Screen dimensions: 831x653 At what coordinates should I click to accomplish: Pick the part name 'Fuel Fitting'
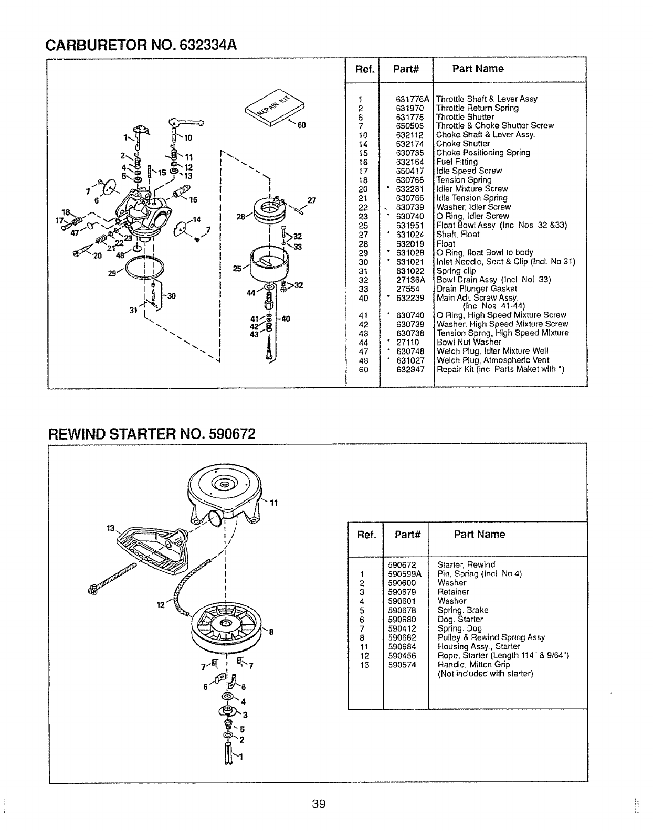coord(457,162)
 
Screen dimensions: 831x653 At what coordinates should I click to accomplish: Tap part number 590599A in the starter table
coord(405,574)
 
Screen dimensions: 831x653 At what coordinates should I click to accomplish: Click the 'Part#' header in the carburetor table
coord(405,69)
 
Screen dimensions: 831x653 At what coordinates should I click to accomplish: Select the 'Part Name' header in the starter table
coord(479,535)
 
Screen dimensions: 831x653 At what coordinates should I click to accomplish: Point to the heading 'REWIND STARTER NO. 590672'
coord(152,435)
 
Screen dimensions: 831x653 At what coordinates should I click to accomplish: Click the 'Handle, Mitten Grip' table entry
coord(473,664)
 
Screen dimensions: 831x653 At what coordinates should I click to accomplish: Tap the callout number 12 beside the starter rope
coord(161,605)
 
